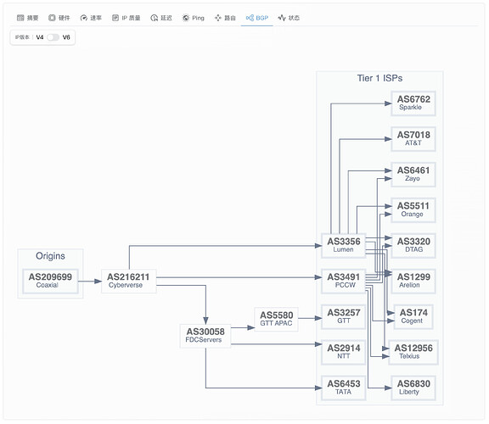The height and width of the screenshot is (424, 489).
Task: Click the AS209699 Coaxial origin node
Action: coord(50,281)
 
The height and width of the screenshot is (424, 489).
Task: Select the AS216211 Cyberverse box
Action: coord(128,281)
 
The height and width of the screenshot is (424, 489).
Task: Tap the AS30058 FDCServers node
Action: coord(205,336)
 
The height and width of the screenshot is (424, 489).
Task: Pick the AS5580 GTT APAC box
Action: coord(276,319)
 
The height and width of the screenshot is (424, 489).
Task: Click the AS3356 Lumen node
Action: coord(343,245)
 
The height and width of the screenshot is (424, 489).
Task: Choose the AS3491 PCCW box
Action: coord(343,281)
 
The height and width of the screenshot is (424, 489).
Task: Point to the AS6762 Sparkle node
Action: coord(413,103)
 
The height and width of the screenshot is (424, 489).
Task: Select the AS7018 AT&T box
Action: coord(413,139)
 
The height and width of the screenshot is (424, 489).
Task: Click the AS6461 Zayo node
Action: coord(413,175)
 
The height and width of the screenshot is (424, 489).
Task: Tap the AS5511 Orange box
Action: coord(413,210)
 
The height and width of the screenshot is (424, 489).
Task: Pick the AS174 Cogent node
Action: coord(413,317)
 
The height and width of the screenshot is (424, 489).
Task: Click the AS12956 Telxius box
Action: coord(413,353)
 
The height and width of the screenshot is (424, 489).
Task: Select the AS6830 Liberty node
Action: coord(413,388)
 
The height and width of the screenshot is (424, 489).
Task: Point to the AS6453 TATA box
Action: coord(343,388)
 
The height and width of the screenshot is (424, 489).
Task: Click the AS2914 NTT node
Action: coord(343,353)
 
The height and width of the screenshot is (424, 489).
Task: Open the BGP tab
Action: coord(257,18)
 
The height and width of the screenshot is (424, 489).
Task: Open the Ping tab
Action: coord(193,18)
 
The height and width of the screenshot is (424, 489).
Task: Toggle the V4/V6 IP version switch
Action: coord(53,37)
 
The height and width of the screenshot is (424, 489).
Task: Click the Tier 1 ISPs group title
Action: coord(379,78)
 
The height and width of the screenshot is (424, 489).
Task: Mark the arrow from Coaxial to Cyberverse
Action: coord(90,282)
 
